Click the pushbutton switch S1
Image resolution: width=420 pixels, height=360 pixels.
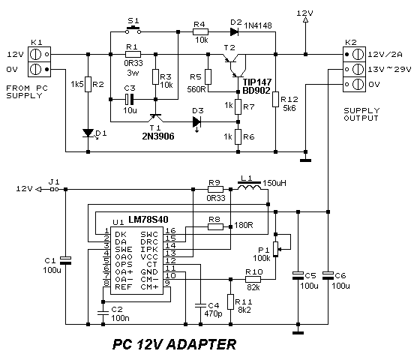point(133,30)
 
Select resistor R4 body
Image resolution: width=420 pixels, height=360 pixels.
point(200,31)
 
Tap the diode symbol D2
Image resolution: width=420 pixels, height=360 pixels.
point(234,31)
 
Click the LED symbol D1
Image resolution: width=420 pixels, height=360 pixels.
point(88,133)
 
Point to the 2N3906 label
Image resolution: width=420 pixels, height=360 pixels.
point(158,136)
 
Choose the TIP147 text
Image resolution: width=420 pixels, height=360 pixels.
point(256,82)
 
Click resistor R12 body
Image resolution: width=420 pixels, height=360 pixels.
point(276,99)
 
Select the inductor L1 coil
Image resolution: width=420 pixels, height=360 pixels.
point(249,186)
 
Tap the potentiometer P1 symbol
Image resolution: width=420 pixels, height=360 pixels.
point(276,249)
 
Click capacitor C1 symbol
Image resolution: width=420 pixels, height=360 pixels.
point(66,260)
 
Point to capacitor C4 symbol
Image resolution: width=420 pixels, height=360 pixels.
point(200,306)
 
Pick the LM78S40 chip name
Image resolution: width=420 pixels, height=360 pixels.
point(148,220)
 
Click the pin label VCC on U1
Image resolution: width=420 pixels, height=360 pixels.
point(149,256)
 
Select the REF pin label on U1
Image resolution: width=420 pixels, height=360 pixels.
point(124,286)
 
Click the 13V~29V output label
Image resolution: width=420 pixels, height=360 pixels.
point(390,69)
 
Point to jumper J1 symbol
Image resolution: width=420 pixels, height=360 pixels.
point(54,189)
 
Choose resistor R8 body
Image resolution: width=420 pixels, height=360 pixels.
point(215,226)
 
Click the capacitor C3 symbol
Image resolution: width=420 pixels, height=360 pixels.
point(129,99)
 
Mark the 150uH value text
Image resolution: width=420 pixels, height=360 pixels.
point(274,183)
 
